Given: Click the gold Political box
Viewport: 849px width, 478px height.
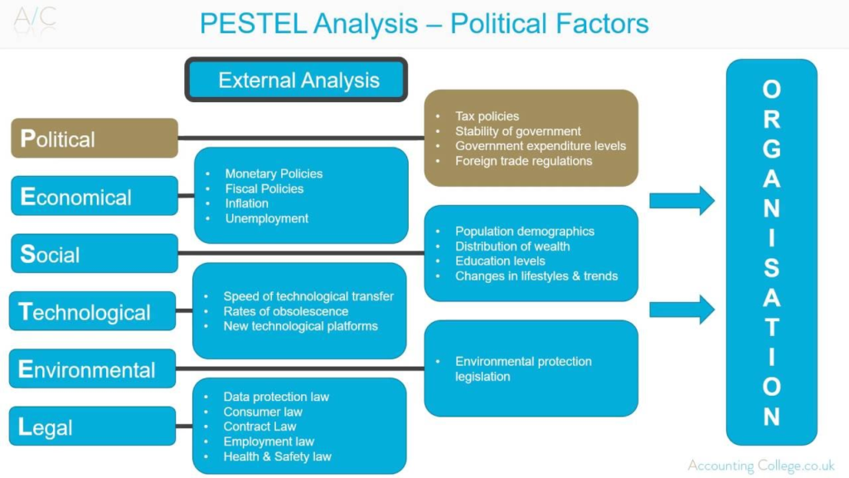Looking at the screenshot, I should (95, 138).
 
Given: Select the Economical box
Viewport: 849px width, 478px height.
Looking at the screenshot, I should (95, 196).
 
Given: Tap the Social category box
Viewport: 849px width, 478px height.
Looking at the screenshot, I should (95, 253).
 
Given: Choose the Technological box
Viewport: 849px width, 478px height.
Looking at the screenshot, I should (93, 311).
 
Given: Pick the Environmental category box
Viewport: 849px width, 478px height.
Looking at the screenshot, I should (93, 368).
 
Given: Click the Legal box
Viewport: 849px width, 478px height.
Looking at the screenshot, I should (93, 427).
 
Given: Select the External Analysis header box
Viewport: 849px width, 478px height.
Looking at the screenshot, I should (297, 80).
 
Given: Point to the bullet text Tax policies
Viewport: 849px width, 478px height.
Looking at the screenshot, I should (487, 116).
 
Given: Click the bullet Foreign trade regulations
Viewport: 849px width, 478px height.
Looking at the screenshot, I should (523, 161).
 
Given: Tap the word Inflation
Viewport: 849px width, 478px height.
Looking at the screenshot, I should (246, 203).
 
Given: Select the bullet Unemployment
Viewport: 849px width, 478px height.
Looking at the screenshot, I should (266, 218).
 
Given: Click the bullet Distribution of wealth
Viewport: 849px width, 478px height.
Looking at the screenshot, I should (512, 246).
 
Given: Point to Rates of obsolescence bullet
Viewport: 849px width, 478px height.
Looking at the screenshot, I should (285, 311).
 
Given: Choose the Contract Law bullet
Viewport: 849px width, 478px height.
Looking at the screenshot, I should (260, 427).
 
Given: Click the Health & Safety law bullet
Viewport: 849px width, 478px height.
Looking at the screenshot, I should (277, 456).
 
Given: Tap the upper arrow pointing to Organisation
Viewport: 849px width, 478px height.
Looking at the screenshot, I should (681, 200).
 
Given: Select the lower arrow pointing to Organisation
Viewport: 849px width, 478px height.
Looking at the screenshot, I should (681, 310).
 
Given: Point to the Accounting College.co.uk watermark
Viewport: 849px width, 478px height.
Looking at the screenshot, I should (760, 466).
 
